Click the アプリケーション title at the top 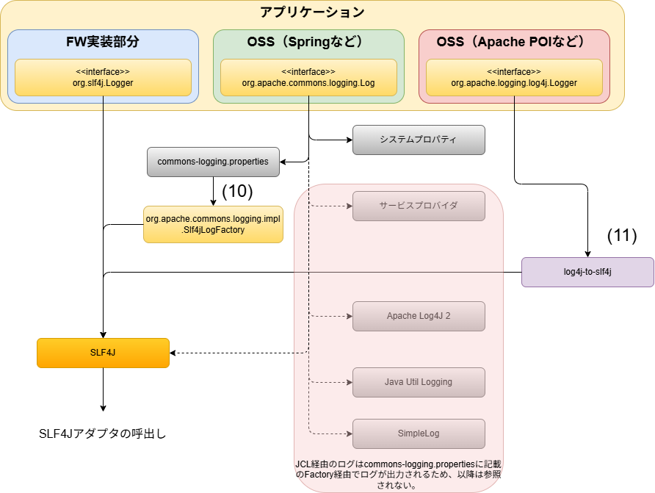pyautogui.click(x=312, y=12)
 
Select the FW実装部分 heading pyautogui.click(x=103, y=42)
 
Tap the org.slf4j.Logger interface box pyautogui.click(x=103, y=78)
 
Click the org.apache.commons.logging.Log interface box pyautogui.click(x=308, y=78)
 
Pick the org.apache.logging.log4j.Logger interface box pyautogui.click(x=514, y=78)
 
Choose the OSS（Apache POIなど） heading pyautogui.click(x=514, y=42)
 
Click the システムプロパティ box pyautogui.click(x=419, y=140)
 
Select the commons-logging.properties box pyautogui.click(x=213, y=162)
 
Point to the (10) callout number pyautogui.click(x=237, y=191)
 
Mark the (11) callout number pyautogui.click(x=622, y=236)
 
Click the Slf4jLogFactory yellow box pyautogui.click(x=213, y=224)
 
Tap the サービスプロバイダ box pyautogui.click(x=419, y=206)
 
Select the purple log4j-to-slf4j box pyautogui.click(x=587, y=272)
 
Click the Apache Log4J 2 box pyautogui.click(x=419, y=316)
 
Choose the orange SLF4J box pyautogui.click(x=103, y=353)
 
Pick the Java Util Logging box pyautogui.click(x=419, y=382)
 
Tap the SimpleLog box pyautogui.click(x=419, y=433)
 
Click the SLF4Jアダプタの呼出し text pyautogui.click(x=103, y=433)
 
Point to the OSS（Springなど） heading pyautogui.click(x=308, y=42)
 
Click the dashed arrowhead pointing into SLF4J pyautogui.click(x=174, y=353)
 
